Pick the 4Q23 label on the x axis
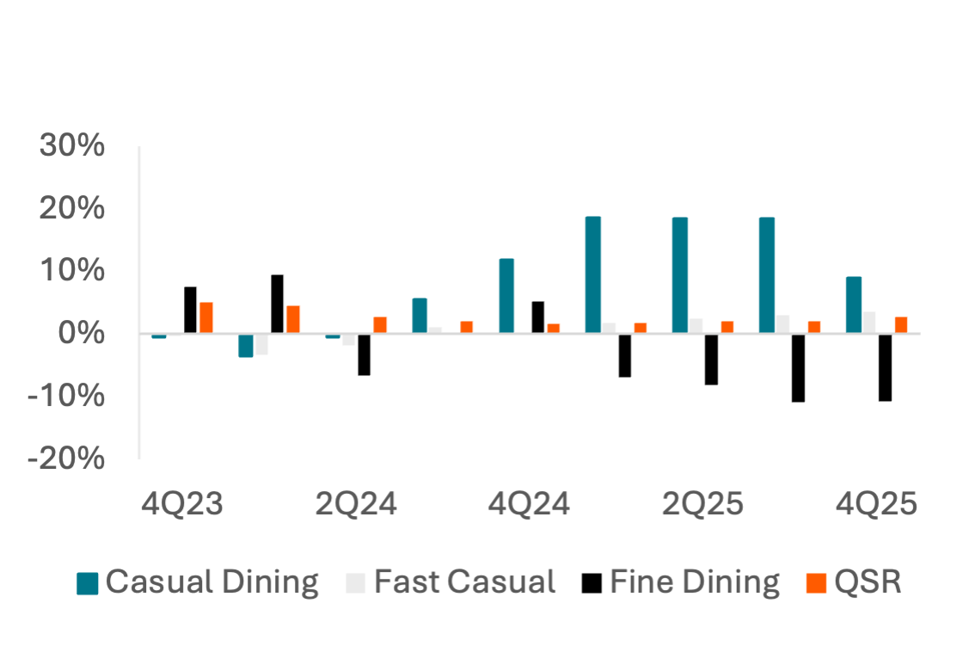(x=182, y=505)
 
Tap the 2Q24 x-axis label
(x=356, y=505)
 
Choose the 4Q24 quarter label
(x=529, y=505)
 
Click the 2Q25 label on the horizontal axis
(x=702, y=505)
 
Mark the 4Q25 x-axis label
(x=876, y=505)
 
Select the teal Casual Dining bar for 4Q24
(x=506, y=295)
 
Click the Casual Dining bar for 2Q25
(x=680, y=274)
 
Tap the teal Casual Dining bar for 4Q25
(x=854, y=305)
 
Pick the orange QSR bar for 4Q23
(x=206, y=317)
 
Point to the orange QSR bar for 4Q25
(x=900, y=324)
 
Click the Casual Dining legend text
(x=212, y=582)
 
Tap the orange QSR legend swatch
(x=817, y=584)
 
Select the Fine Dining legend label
(x=694, y=582)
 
